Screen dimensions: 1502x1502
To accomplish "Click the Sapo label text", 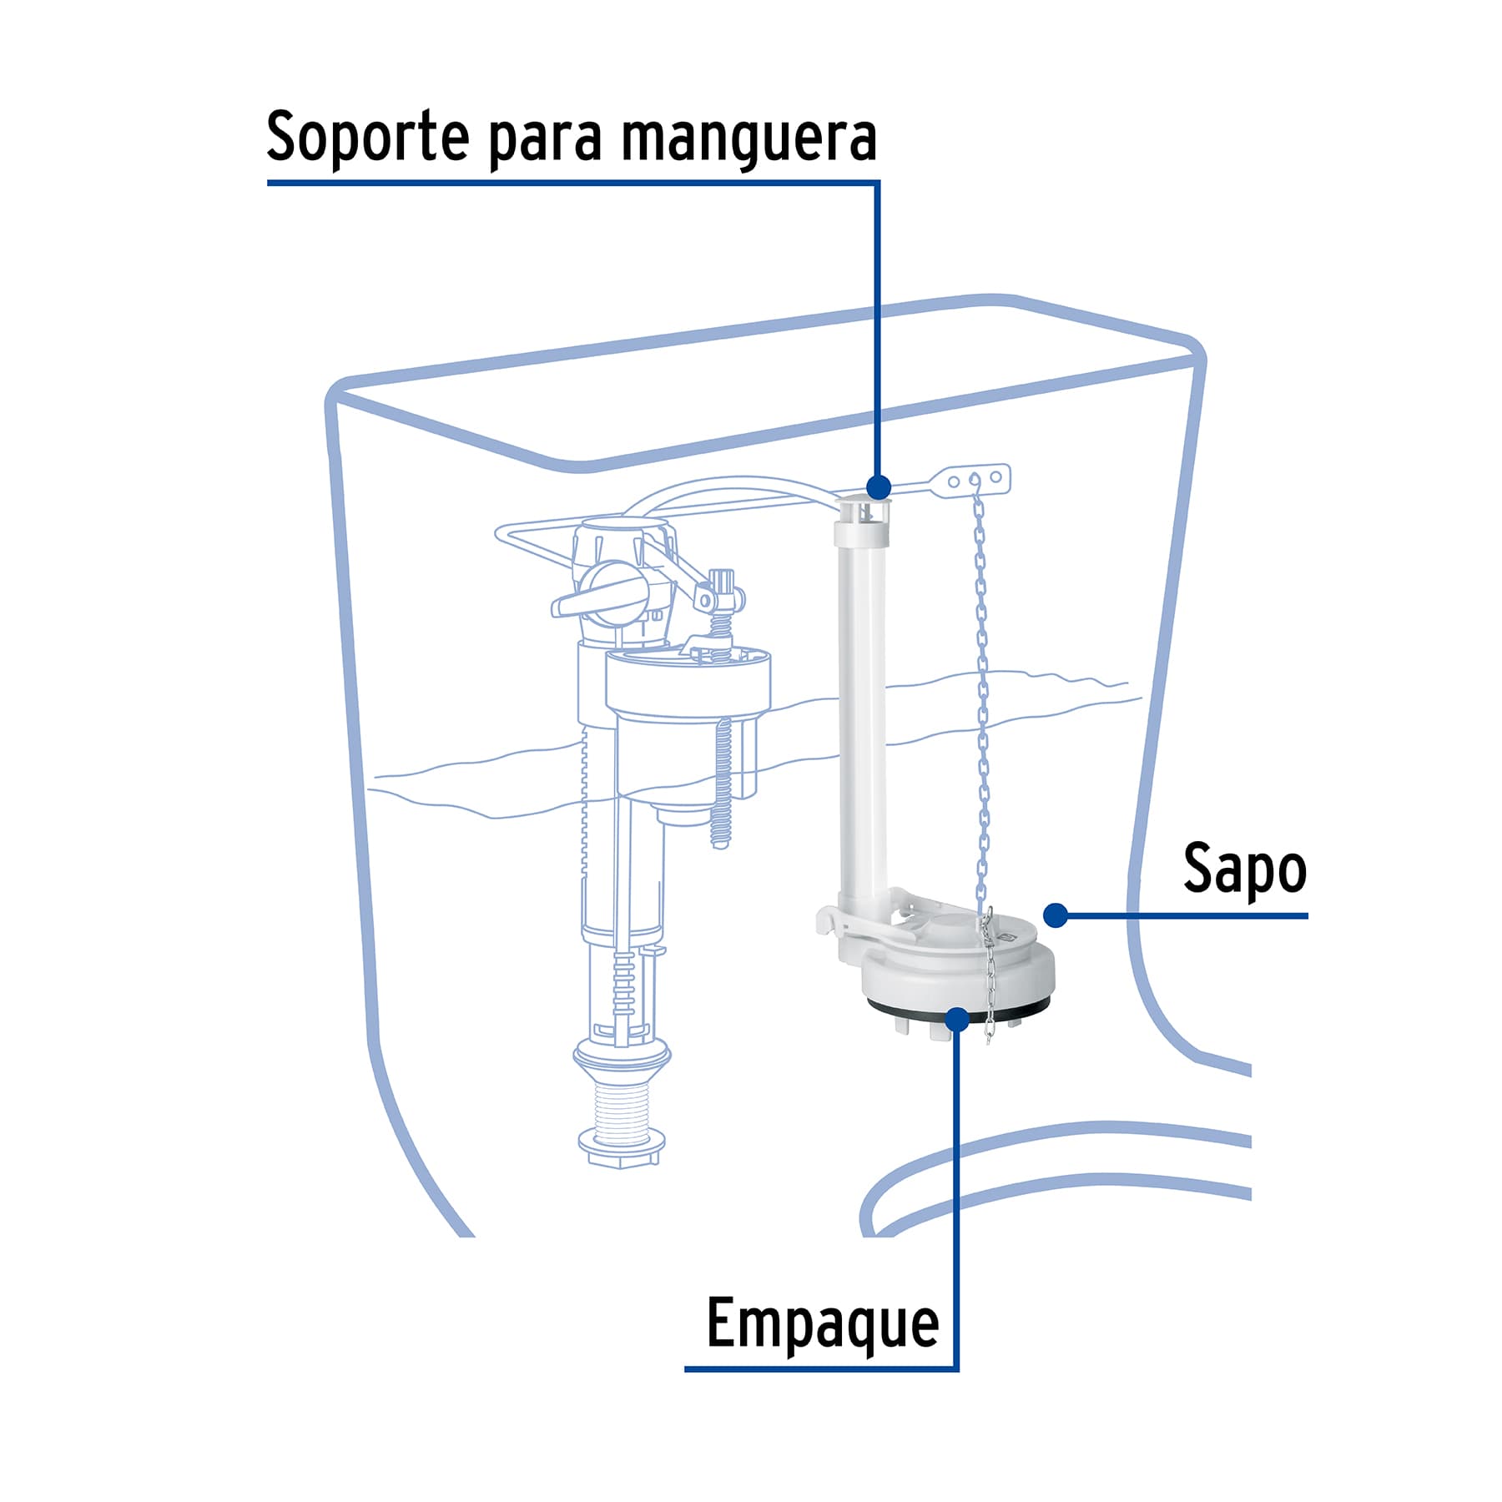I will click(1244, 870).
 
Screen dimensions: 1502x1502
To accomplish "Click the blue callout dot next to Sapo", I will click(1056, 915).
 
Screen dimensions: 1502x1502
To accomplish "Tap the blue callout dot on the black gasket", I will click(958, 1019).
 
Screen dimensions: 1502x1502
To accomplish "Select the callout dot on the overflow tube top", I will click(878, 486).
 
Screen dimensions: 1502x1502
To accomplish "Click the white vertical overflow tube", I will click(863, 709).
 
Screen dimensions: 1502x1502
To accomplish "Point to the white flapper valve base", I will click(960, 972).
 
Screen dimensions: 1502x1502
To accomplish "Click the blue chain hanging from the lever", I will click(982, 709).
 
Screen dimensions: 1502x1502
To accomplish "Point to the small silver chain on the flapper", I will click(990, 976).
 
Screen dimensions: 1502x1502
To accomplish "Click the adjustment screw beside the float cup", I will click(722, 784).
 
